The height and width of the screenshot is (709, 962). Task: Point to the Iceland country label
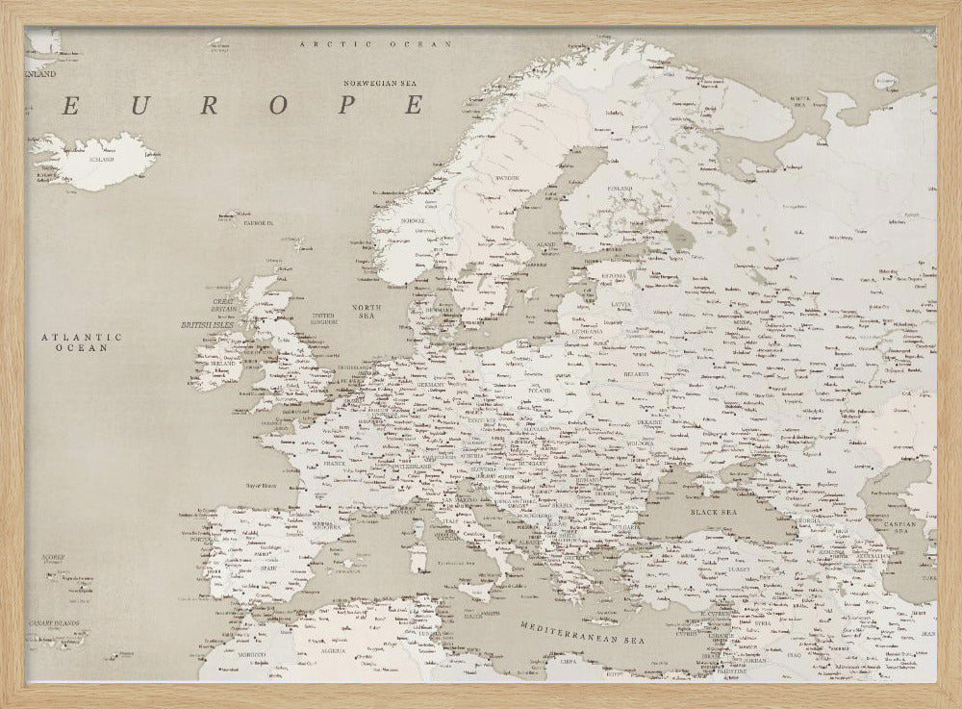pyautogui.click(x=101, y=159)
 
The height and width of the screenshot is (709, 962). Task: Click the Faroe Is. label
pyautogui.click(x=258, y=222)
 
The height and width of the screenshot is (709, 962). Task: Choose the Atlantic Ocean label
pyautogui.click(x=82, y=342)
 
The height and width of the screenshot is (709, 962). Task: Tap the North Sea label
pyautogui.click(x=367, y=310)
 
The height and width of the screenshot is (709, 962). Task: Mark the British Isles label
pyautogui.click(x=208, y=325)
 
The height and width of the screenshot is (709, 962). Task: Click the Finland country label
pyautogui.click(x=620, y=189)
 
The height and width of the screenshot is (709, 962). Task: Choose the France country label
pyautogui.click(x=334, y=463)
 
